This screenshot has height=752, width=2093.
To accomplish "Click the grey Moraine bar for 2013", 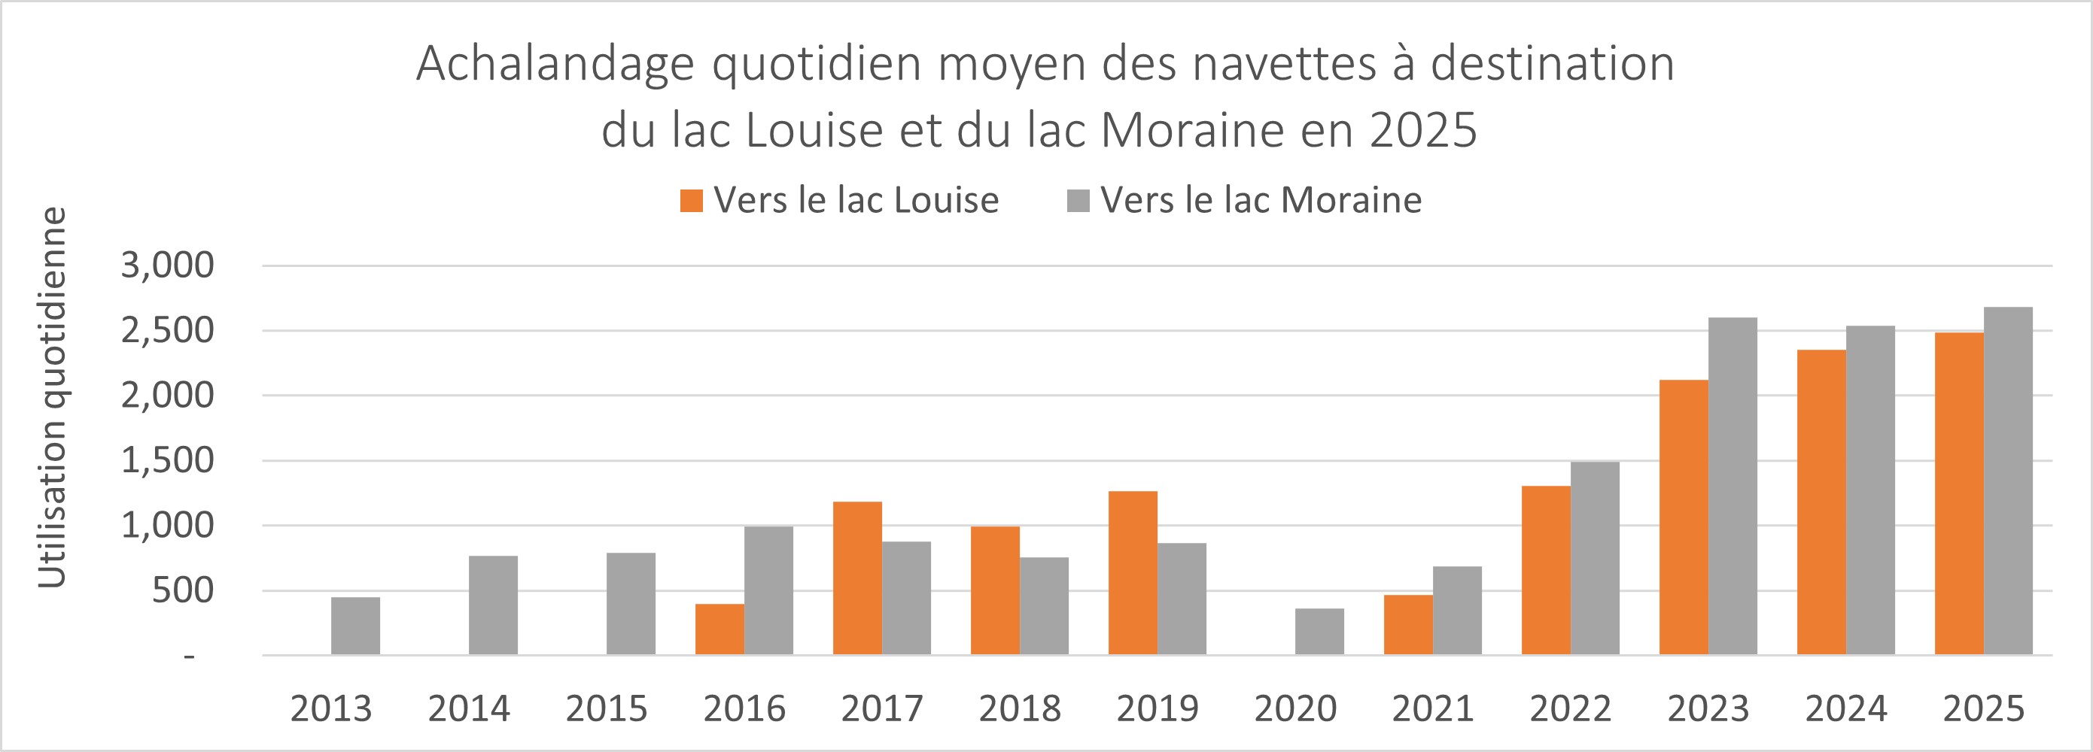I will coord(355,626).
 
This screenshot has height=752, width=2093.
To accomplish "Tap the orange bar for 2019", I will coord(1133,573).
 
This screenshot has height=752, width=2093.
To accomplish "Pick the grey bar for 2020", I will coord(1319,632).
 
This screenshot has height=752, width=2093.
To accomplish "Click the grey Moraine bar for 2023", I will coord(1733,487).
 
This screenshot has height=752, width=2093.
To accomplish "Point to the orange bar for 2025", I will coord(1959,494).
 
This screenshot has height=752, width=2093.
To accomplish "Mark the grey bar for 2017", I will coord(906,599).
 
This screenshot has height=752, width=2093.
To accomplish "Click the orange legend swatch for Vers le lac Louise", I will coord(692,201).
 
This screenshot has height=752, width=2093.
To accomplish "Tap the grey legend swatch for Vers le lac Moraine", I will coord(1078,201).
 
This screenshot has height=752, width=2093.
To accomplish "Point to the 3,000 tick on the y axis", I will coord(167,265).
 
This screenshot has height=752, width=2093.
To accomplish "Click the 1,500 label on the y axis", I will coord(167,460).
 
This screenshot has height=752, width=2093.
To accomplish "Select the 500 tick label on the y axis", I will coord(183,590).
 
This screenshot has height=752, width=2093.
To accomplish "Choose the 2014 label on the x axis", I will coord(469,709).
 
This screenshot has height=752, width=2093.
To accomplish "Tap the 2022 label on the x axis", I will coord(1570,709).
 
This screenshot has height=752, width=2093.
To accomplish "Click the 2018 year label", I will coord(1020,709).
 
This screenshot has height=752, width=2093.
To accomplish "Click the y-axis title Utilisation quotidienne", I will coord(52,397).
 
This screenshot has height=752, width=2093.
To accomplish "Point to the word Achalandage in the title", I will coord(555,63).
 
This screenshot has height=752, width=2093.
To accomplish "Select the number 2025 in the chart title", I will coord(1422,130).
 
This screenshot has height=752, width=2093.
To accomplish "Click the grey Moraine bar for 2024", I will coord(1870,490).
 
